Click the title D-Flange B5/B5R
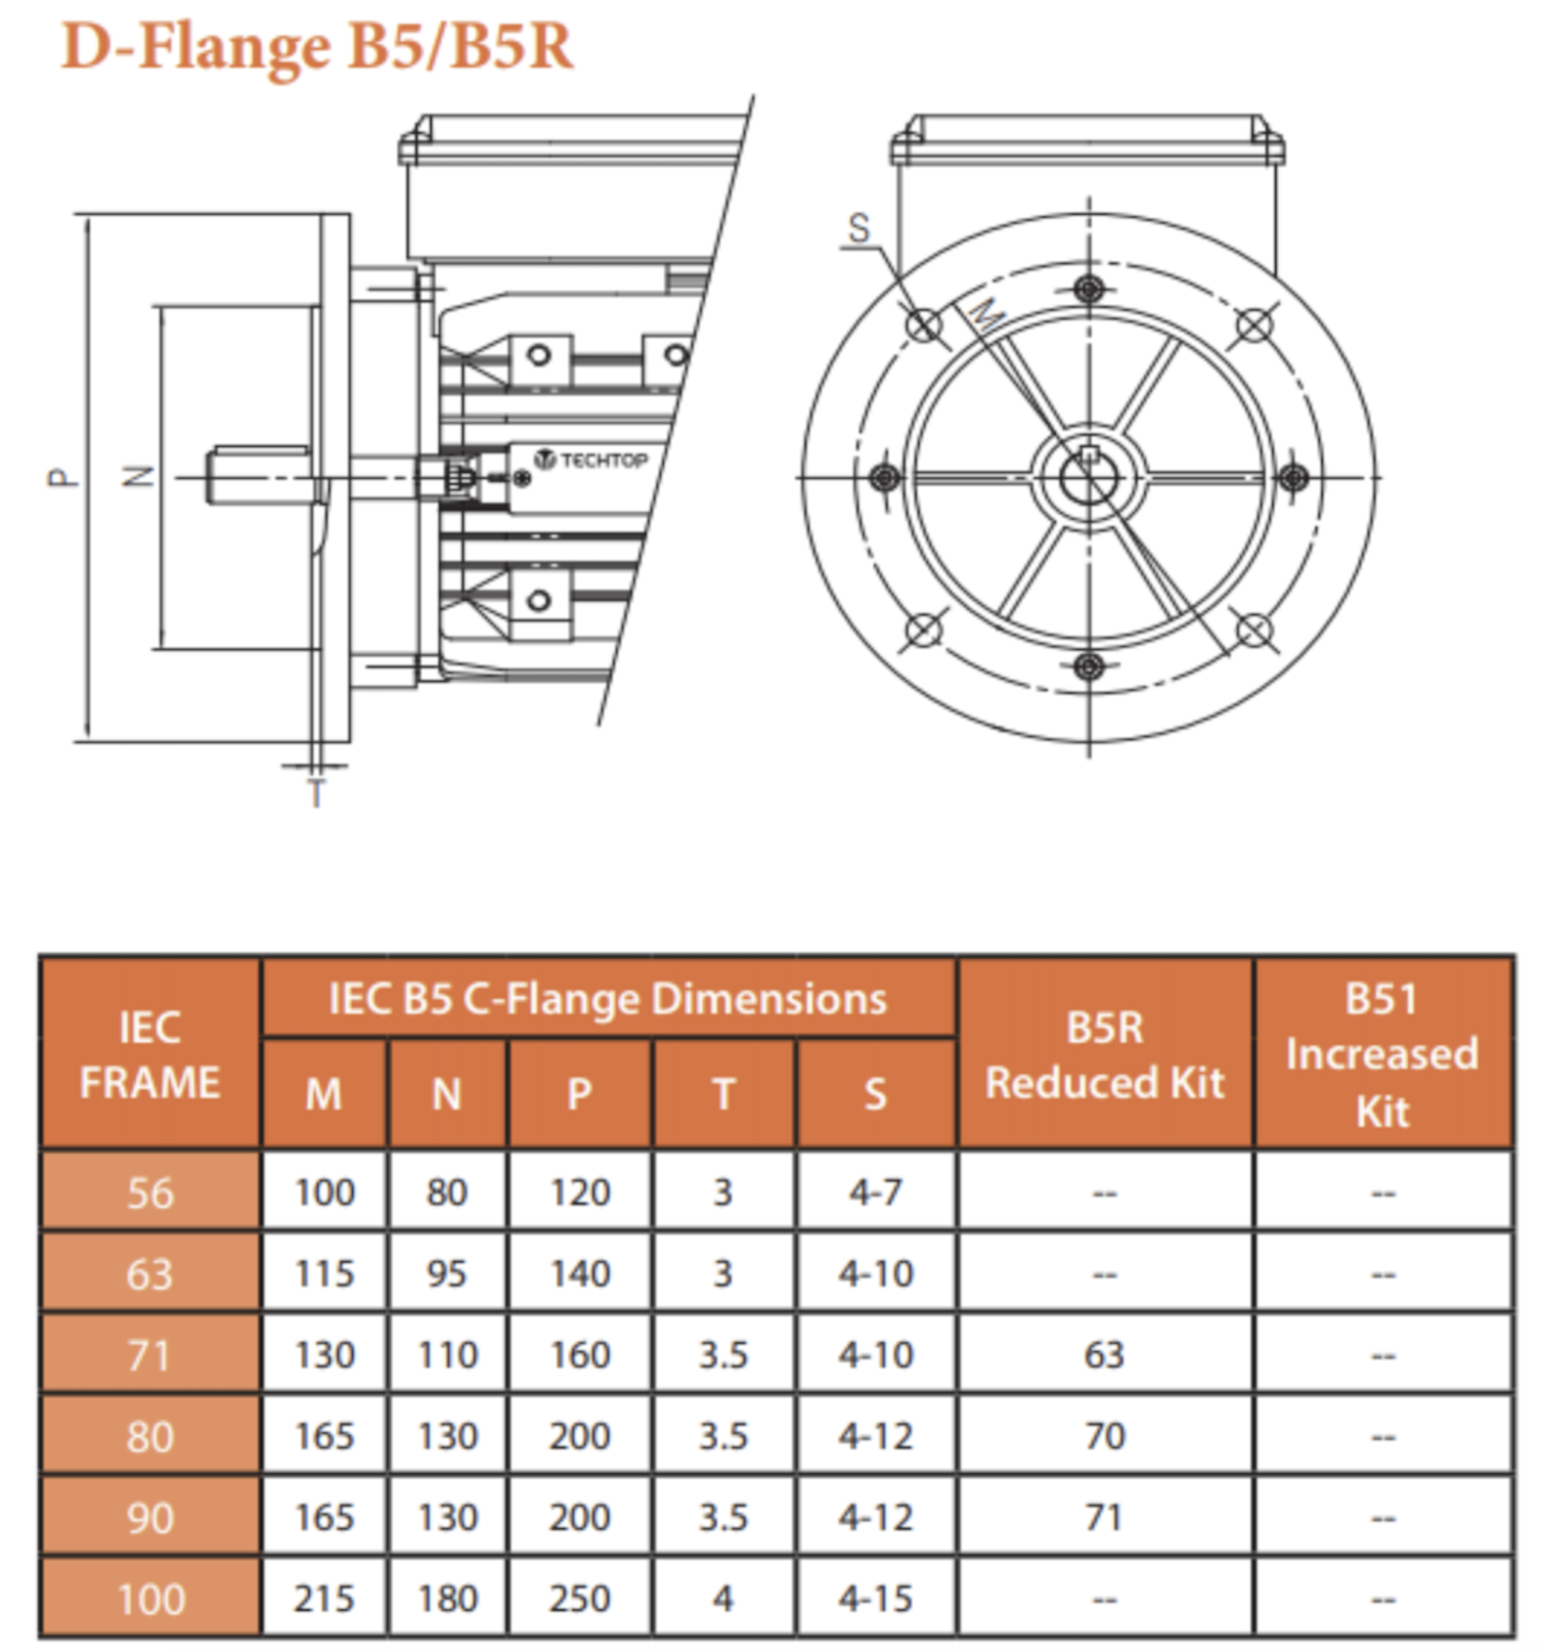click(318, 47)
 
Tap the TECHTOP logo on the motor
click(592, 459)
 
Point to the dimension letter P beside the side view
click(62, 477)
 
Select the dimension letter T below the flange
click(316, 793)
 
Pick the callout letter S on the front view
click(859, 228)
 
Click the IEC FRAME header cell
click(150, 1055)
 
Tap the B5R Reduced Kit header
click(1105, 1055)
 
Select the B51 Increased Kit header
click(1383, 1055)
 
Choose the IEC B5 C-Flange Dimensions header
click(607, 999)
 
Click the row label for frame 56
click(150, 1193)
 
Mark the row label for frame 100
click(151, 1599)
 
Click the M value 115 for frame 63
click(325, 1274)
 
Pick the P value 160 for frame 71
click(580, 1355)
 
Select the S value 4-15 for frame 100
click(875, 1599)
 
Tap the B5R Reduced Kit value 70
click(1105, 1436)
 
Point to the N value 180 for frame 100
click(447, 1599)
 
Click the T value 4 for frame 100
click(723, 1599)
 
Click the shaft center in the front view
click(1088, 477)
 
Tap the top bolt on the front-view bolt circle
click(1088, 289)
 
